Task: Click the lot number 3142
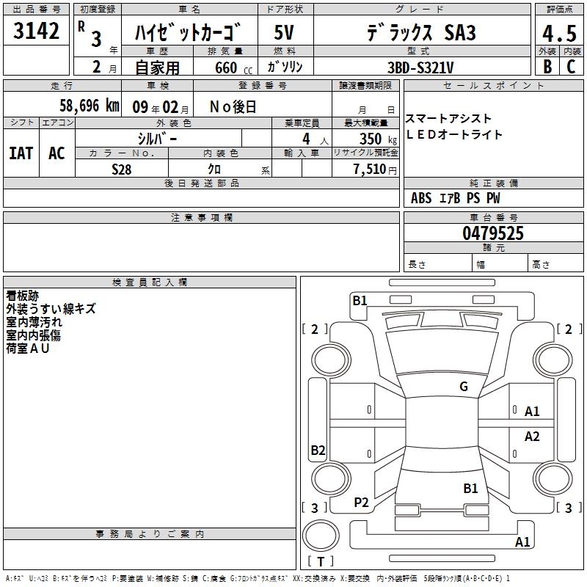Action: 36,31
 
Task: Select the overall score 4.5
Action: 559,33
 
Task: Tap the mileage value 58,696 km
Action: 90,106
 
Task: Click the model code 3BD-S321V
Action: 420,68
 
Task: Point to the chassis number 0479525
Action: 493,233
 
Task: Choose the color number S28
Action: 122,169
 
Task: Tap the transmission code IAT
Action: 21,153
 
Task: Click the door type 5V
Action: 284,32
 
